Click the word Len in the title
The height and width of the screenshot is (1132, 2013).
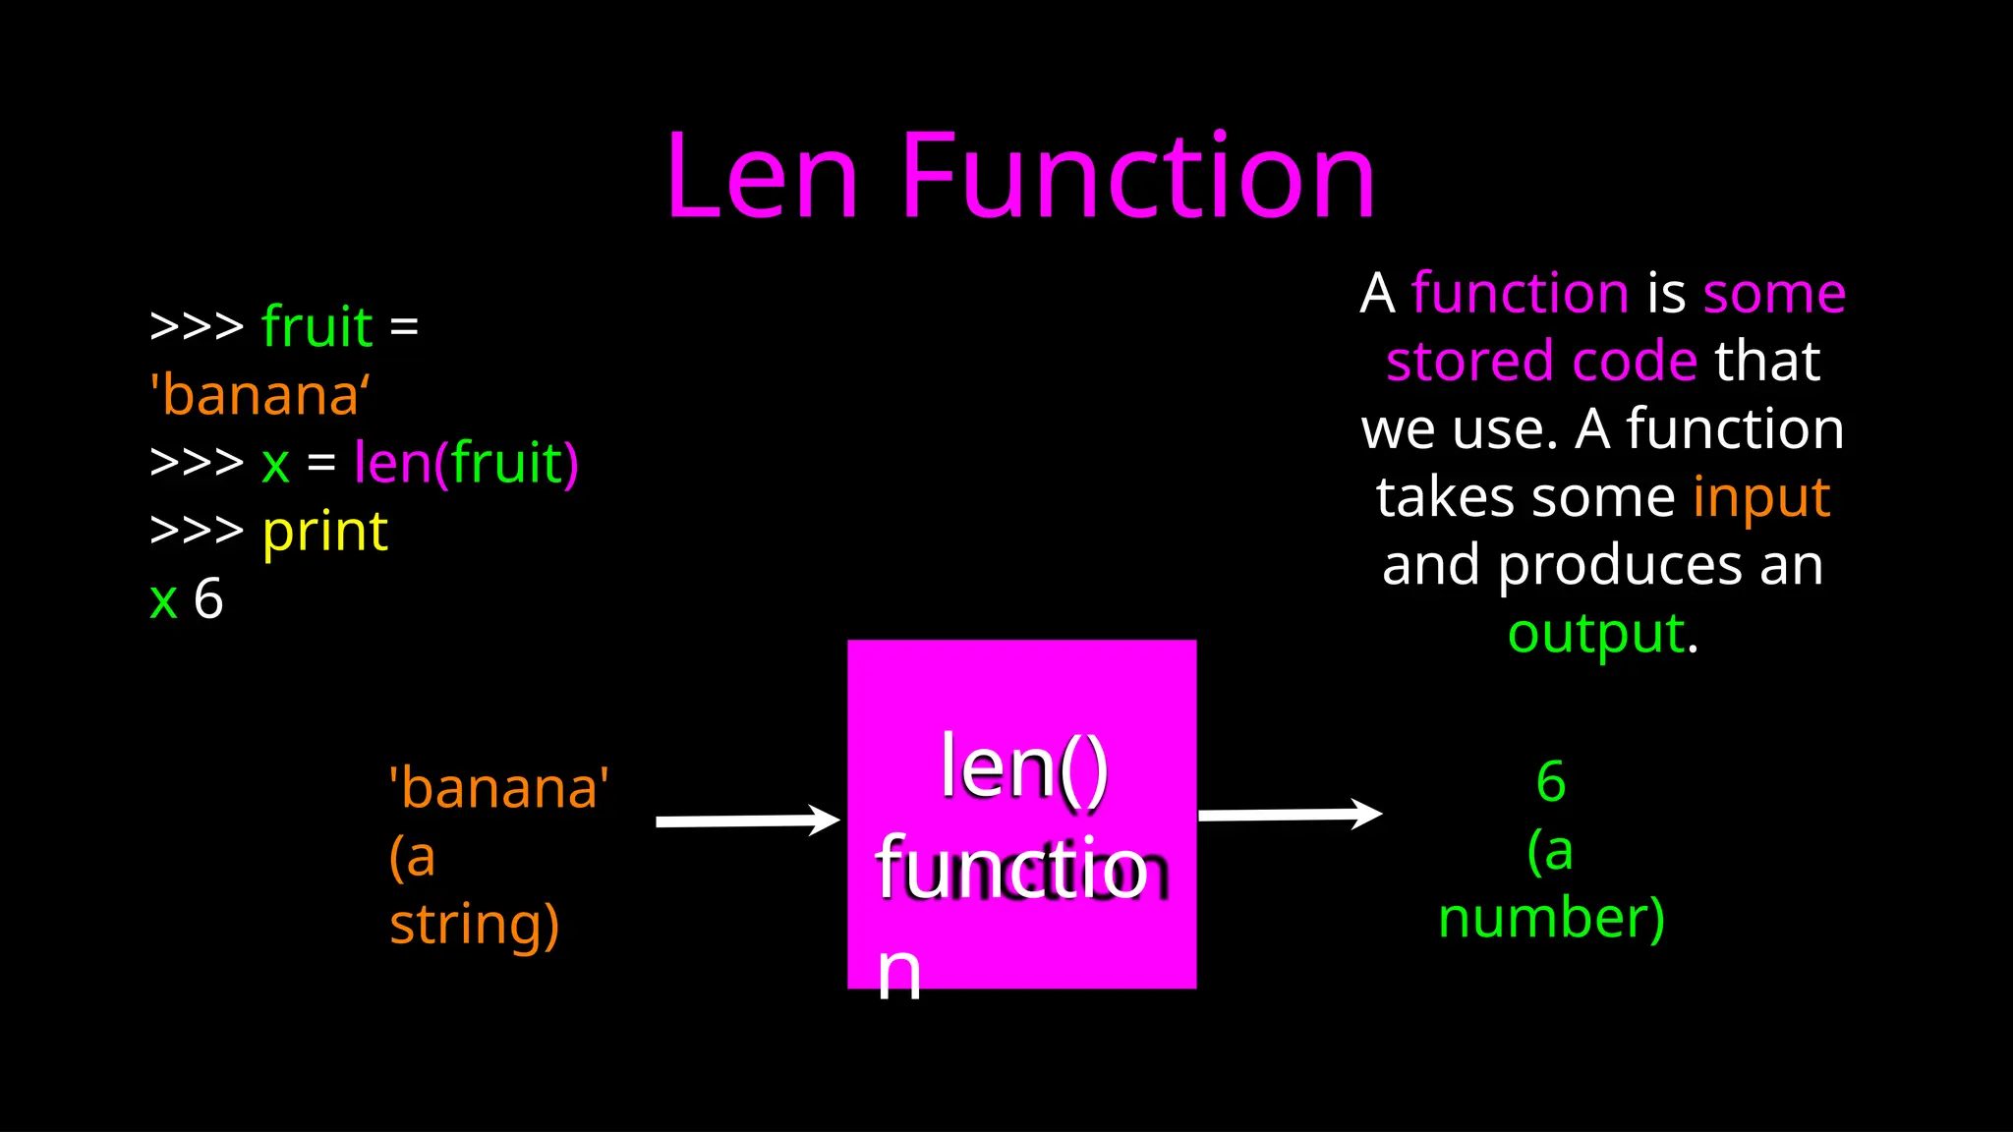tap(763, 177)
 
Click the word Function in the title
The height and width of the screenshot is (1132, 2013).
tap(1137, 177)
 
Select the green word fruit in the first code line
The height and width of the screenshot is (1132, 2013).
tap(316, 326)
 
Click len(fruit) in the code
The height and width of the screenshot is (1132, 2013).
tap(466, 463)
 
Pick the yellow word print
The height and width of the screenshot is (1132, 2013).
tap(325, 532)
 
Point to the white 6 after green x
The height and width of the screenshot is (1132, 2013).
tap(208, 598)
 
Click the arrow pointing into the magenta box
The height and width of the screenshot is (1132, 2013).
tap(747, 821)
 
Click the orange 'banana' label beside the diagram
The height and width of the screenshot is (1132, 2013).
tap(499, 788)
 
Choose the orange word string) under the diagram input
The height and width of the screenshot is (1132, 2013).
tap(475, 924)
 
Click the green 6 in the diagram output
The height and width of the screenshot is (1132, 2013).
tap(1551, 782)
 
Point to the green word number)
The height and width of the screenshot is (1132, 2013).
tap(1551, 918)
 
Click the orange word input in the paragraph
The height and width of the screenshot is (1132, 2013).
tap(1761, 497)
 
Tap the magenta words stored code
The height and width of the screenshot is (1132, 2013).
tap(1541, 361)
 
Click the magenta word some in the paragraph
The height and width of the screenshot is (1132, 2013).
tap(1774, 293)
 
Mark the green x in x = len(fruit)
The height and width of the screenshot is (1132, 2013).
tap(275, 464)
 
